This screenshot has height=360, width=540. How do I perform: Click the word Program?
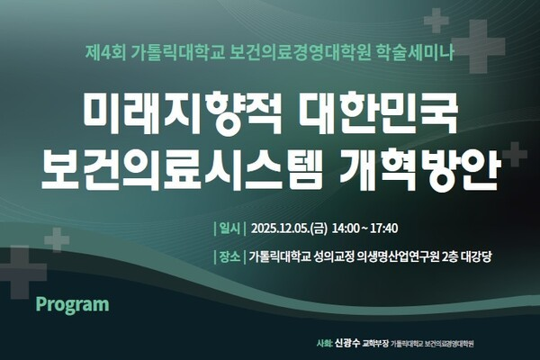[72, 304]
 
